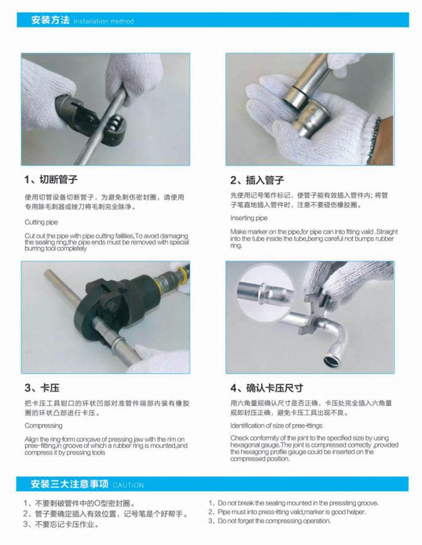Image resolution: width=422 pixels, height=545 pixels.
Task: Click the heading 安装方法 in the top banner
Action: [x=51, y=20]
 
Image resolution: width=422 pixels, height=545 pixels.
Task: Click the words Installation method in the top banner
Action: [x=104, y=21]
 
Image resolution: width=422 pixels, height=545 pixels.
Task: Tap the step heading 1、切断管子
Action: [x=51, y=179]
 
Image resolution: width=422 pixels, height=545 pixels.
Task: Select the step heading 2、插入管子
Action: [x=257, y=180]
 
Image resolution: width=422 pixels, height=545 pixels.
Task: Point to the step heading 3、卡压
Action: [x=42, y=388]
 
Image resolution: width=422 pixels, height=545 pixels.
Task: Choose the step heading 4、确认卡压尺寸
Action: [x=267, y=388]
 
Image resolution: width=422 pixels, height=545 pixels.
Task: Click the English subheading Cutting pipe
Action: [x=41, y=222]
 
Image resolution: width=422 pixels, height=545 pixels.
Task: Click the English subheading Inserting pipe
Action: [x=249, y=218]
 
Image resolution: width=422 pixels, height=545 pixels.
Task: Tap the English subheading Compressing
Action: [x=43, y=426]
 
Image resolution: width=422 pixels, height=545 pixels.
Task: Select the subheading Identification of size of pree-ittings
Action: [x=276, y=425]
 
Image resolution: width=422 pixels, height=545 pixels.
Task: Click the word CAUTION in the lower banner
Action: [x=128, y=485]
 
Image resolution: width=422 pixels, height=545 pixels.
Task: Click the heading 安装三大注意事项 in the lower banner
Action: [x=70, y=484]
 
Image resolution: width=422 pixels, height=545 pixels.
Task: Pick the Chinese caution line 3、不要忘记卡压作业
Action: [x=61, y=524]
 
